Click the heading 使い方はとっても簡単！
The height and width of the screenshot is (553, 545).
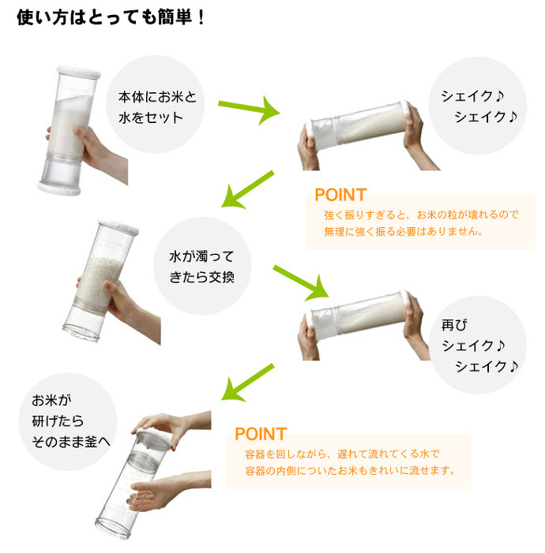click(111, 17)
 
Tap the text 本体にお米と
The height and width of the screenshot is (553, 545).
click(157, 97)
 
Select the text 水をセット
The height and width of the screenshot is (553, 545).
click(151, 118)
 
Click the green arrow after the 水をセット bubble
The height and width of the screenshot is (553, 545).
click(249, 110)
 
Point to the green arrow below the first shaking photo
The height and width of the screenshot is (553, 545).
click(247, 190)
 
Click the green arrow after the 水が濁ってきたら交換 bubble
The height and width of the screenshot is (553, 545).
click(301, 283)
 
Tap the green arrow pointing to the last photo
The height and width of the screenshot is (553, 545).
click(247, 383)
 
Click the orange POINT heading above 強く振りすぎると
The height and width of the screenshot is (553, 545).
click(340, 195)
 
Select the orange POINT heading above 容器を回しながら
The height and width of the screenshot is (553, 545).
click(261, 434)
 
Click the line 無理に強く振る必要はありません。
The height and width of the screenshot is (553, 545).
click(404, 232)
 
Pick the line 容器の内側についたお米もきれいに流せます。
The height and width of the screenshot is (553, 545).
click(350, 470)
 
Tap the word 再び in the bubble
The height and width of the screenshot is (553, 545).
click(454, 325)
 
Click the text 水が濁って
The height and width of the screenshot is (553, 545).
click(201, 256)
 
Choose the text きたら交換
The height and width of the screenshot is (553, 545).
click(201, 277)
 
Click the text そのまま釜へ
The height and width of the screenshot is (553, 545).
click(71, 442)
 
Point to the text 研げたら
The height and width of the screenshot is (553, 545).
click(58, 420)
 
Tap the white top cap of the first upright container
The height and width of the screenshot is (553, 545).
click(79, 73)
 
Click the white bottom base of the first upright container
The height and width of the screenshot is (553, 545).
click(59, 189)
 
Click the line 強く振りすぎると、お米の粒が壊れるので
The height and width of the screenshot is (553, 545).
click(421, 215)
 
